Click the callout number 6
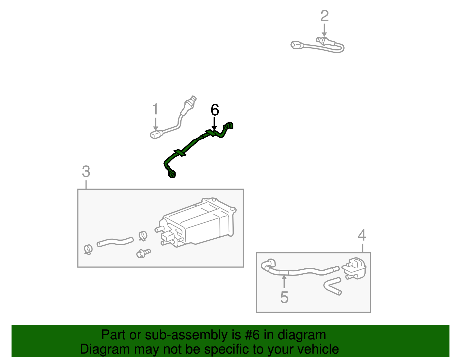pyautogui.click(x=215, y=110)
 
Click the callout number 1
pyautogui.click(x=155, y=109)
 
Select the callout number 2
pyautogui.click(x=324, y=16)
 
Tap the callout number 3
pyautogui.click(x=86, y=172)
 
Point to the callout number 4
pyautogui.click(x=362, y=235)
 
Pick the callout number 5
pyautogui.click(x=284, y=297)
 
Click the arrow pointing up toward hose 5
pyautogui.click(x=284, y=281)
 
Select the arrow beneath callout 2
pyautogui.click(x=324, y=30)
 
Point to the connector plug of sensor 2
pyautogui.click(x=297, y=45)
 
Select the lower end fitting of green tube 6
pyautogui.click(x=172, y=174)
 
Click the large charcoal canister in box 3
pyautogui.click(x=199, y=222)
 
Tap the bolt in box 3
pyautogui.click(x=143, y=253)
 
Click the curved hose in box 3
pyautogui.click(x=115, y=242)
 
